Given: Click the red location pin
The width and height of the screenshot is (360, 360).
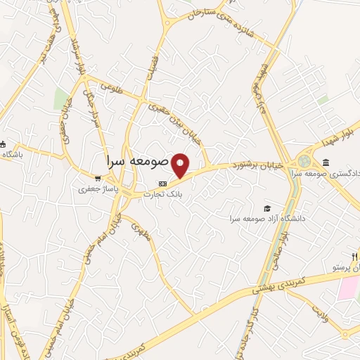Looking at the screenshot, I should tap(181, 165).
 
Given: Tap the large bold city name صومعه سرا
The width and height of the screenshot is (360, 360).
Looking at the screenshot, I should tap(138, 161).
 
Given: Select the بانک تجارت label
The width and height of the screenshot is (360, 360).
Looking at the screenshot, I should tap(162, 193).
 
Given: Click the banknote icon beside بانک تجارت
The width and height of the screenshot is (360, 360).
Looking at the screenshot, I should tap(162, 184).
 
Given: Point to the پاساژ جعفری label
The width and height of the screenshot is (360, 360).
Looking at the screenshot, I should tap(97, 189).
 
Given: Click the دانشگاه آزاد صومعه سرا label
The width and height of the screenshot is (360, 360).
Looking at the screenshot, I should tap(264, 219).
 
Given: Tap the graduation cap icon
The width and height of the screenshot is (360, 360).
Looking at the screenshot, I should tap(266, 208).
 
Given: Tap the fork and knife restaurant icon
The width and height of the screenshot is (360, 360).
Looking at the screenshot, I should tap(354, 255).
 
